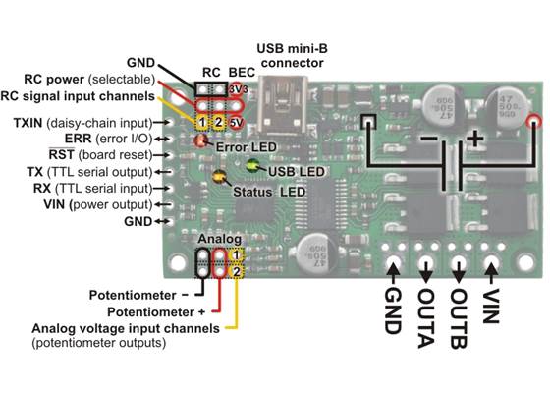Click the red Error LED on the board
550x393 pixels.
click(200, 140)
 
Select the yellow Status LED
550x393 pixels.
click(219, 178)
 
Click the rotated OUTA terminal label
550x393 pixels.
click(426, 312)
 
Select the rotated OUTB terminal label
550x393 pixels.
click(459, 312)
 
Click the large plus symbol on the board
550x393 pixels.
click(476, 139)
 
